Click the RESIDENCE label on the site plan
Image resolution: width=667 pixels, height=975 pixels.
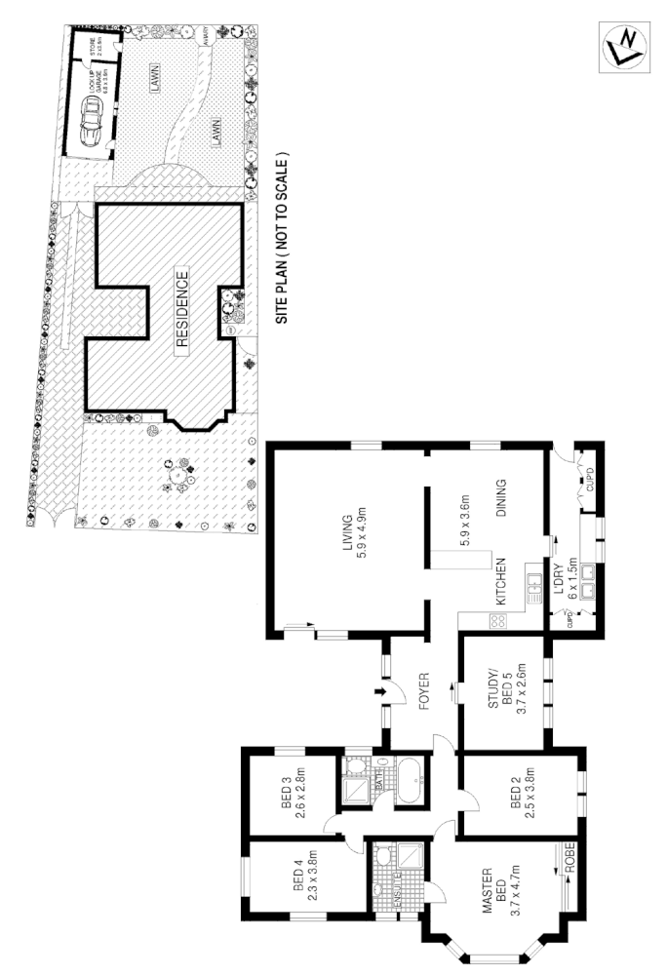[x=182, y=310]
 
